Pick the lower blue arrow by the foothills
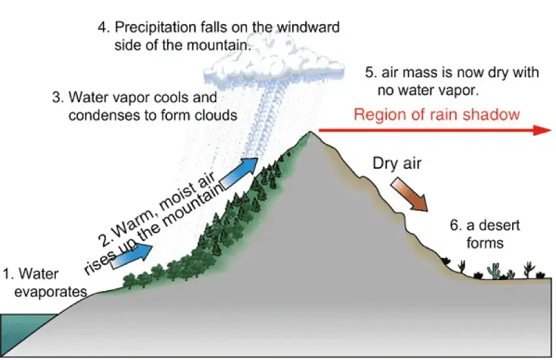pos(135,257)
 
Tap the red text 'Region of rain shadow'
pos(436,115)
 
